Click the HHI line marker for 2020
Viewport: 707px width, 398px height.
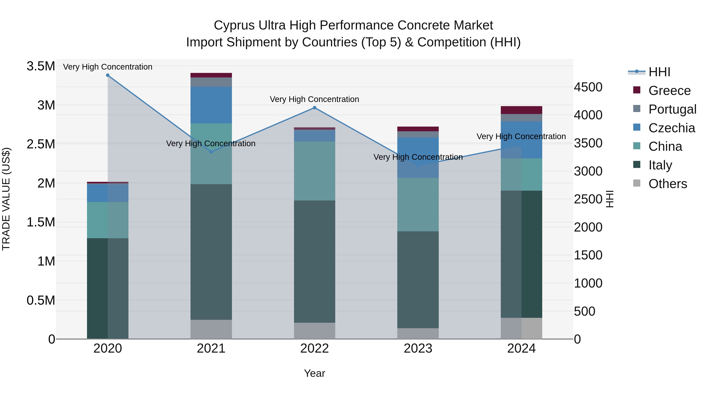[108, 75]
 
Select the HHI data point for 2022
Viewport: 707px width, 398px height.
[315, 108]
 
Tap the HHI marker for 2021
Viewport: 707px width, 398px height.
[211, 152]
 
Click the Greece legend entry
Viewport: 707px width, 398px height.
[669, 91]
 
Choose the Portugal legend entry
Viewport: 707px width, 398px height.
[672, 109]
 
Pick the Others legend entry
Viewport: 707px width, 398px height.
[668, 184]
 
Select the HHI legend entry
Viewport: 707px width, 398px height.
[659, 72]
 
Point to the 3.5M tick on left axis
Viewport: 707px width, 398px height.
[41, 66]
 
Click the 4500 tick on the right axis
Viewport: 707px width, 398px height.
[588, 87]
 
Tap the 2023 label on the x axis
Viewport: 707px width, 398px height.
[418, 348]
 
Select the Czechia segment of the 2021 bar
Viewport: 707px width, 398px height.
[211, 105]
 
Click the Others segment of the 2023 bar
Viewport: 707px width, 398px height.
[418, 334]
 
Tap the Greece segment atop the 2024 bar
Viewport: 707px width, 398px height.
[521, 110]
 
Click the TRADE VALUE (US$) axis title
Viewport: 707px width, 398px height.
[6, 199]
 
